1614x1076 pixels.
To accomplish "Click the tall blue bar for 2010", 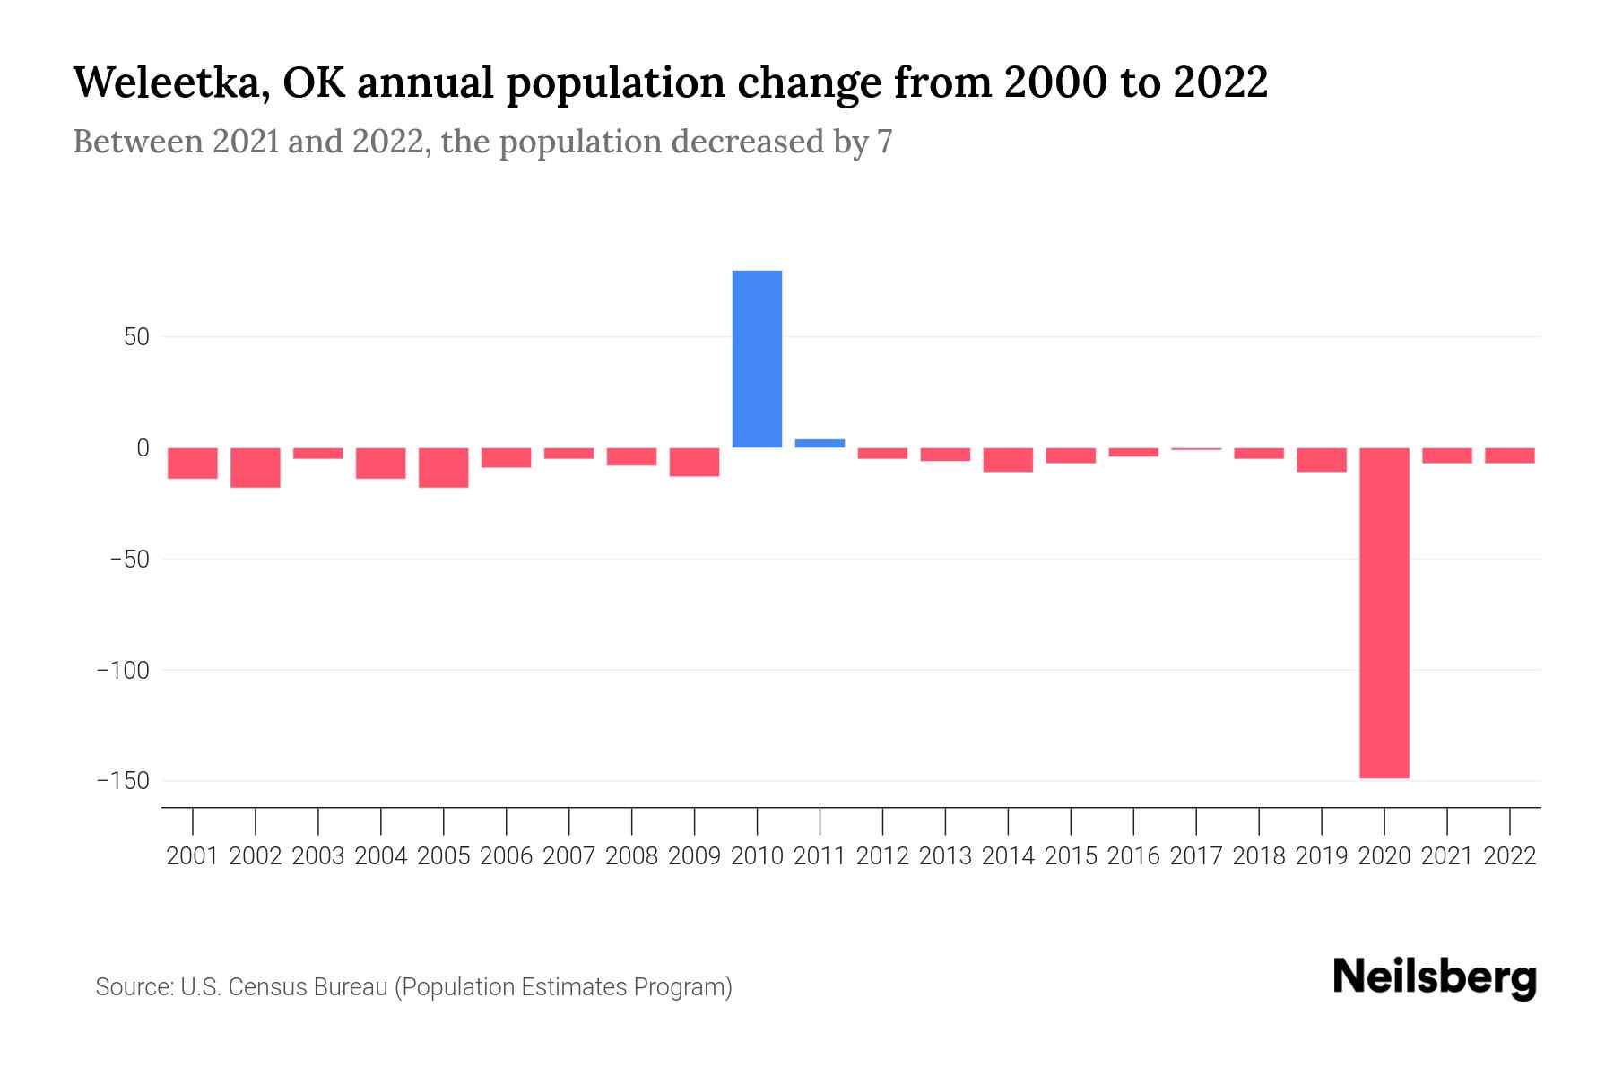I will click(757, 359).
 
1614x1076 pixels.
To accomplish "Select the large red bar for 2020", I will click(1384, 612).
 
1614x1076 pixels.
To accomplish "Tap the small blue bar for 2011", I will click(820, 443).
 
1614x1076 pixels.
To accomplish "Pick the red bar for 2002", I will click(256, 467).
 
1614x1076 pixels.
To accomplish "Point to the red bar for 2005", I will click(444, 467).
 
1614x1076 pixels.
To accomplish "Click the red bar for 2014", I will click(1008, 460).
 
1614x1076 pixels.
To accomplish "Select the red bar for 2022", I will click(1510, 456).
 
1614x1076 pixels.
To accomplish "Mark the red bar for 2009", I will click(694, 462).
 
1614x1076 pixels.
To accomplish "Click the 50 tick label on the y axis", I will click(136, 337).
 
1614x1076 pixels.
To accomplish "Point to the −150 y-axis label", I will click(123, 781).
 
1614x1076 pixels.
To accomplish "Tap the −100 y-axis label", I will click(123, 670).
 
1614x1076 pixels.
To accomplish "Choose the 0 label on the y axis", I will click(143, 447).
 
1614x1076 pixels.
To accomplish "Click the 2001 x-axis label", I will click(193, 856).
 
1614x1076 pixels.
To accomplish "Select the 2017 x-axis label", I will click(1196, 856).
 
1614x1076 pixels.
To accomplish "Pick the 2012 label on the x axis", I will click(882, 856).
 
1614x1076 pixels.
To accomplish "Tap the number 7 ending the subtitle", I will click(885, 142).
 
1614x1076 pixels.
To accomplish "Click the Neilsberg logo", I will click(1435, 977).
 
